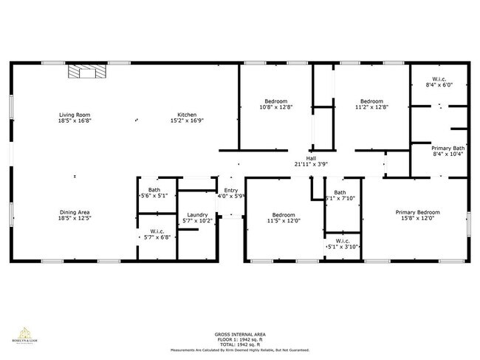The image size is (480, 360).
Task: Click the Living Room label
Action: [75, 115]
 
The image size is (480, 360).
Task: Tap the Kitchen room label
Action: [186, 115]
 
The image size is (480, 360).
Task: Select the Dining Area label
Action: [75, 212]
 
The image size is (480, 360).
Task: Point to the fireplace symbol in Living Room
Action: [82, 71]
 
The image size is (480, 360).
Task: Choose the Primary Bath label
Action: [448, 149]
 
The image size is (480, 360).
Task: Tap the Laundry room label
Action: [196, 214]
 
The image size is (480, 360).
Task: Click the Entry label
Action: [231, 191]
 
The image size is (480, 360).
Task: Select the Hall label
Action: [311, 158]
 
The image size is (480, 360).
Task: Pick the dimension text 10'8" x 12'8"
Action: [276, 107]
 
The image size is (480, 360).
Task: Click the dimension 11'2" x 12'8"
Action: [371, 107]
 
